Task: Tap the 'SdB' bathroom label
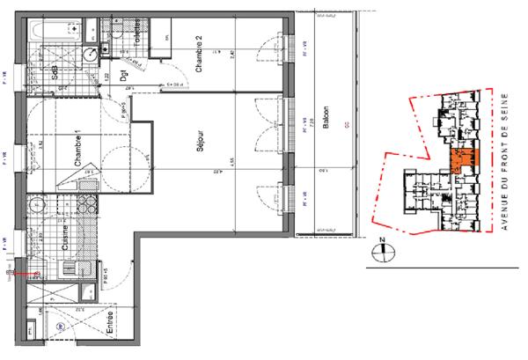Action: coord(55,69)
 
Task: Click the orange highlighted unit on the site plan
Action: coord(460,159)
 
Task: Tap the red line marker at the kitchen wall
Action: coord(25,274)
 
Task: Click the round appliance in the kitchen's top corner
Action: coord(38,209)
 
